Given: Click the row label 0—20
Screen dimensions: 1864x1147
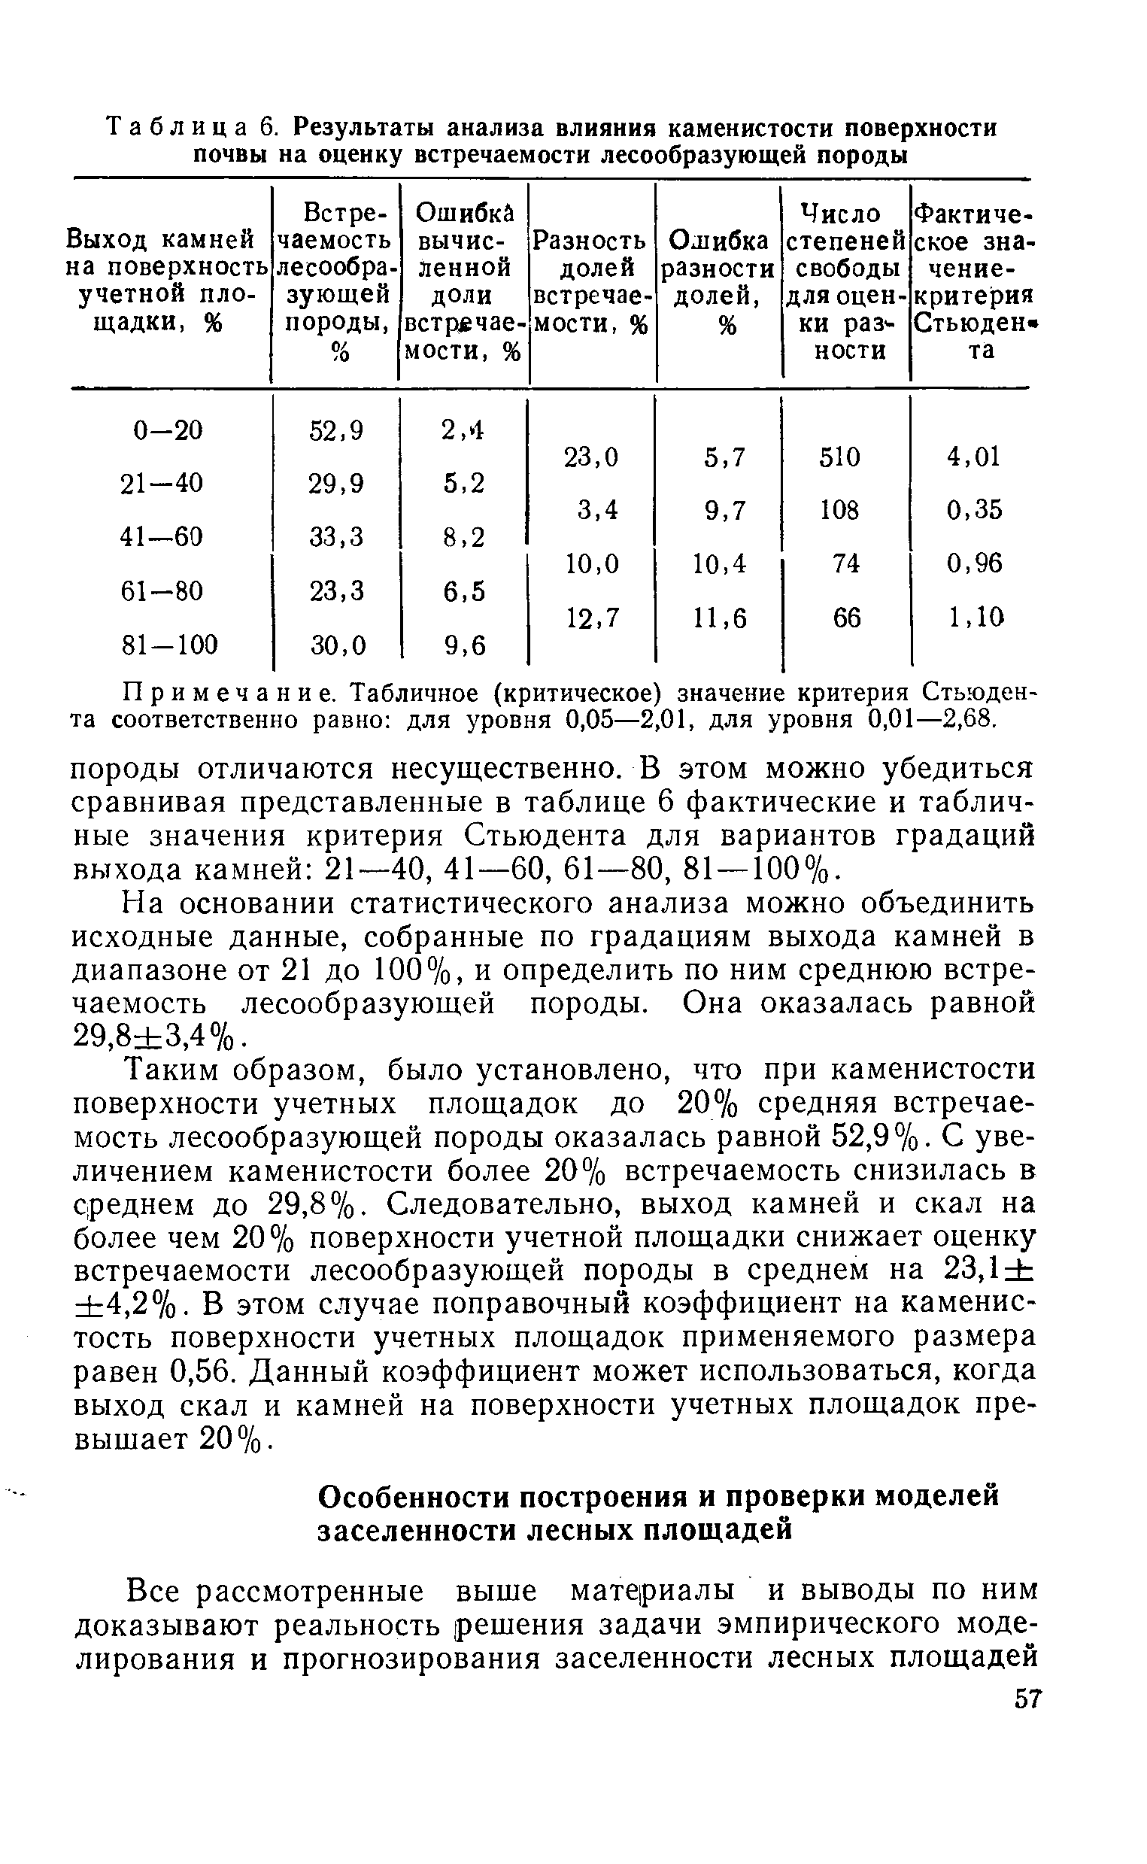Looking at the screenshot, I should click(168, 430).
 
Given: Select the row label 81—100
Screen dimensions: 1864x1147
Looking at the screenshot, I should click(169, 645).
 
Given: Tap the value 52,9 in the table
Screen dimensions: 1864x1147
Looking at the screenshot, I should click(336, 430).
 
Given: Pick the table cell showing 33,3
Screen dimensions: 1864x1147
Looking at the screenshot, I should click(336, 537).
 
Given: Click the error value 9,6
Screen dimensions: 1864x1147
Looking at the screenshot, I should click(463, 645).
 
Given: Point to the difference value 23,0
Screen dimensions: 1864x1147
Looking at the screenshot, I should click(592, 457).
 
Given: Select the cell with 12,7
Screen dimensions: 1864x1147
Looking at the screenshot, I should click(592, 618).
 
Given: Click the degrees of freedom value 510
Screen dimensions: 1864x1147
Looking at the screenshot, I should click(840, 457).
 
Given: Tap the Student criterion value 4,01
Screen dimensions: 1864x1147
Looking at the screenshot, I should click(973, 457).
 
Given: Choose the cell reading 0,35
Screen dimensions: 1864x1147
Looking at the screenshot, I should click(973, 510).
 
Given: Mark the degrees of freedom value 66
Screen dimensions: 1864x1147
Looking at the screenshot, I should click(847, 618).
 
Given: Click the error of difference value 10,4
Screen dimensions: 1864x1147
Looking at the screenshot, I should click(719, 563).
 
